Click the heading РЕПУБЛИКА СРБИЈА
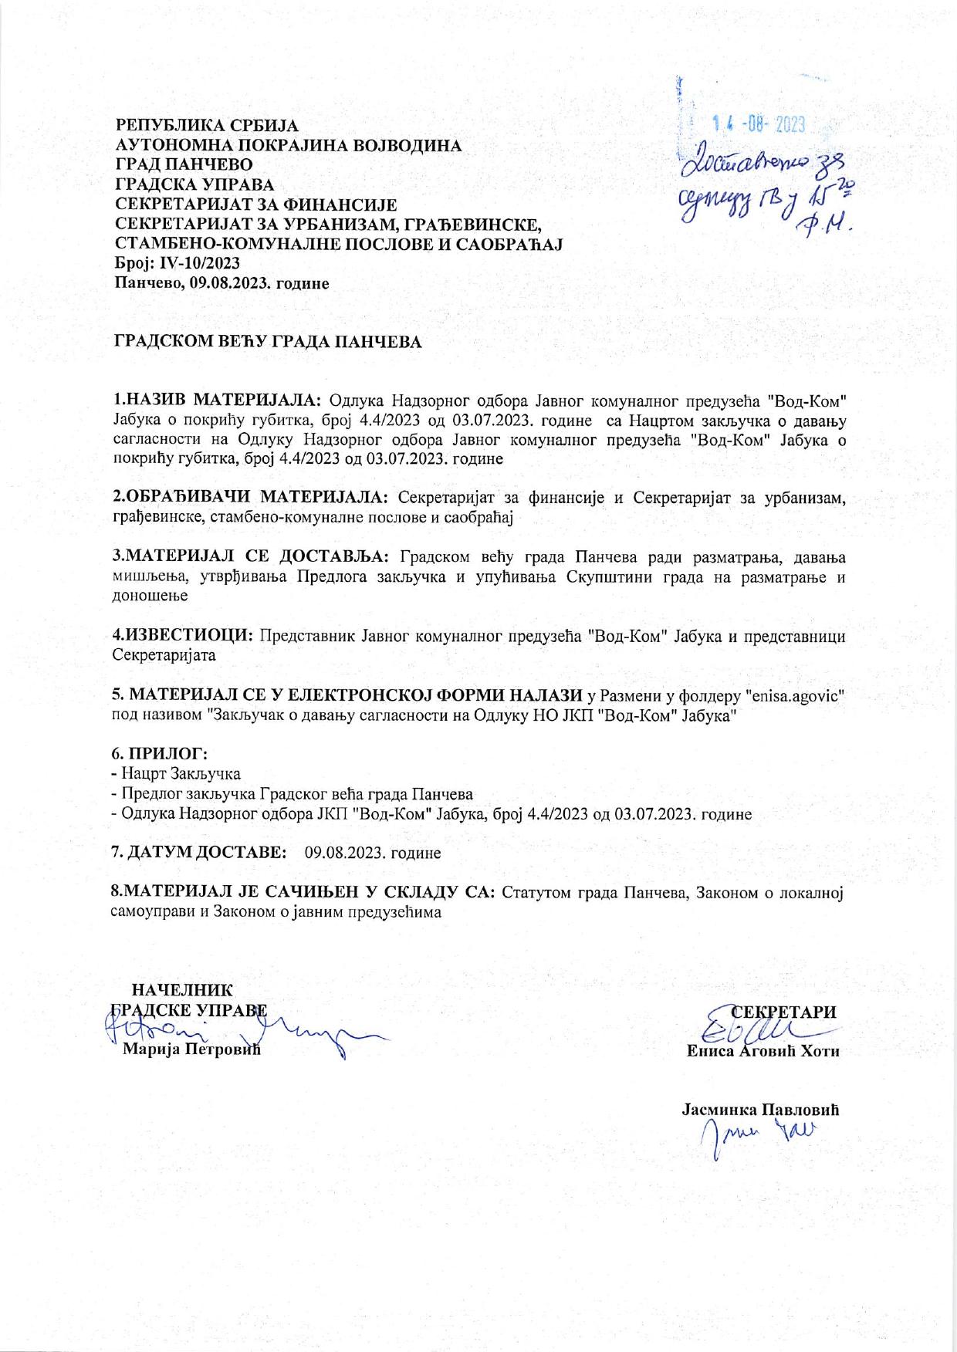pyautogui.click(x=207, y=125)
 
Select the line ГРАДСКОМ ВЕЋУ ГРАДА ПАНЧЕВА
pyautogui.click(x=269, y=342)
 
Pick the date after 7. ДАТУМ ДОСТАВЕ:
pyautogui.click(x=373, y=853)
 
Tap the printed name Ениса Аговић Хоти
pyautogui.click(x=763, y=1051)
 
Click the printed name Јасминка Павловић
pyautogui.click(x=760, y=1110)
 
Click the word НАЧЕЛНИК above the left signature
pyautogui.click(x=182, y=991)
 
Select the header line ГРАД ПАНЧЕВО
pyautogui.click(x=183, y=164)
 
